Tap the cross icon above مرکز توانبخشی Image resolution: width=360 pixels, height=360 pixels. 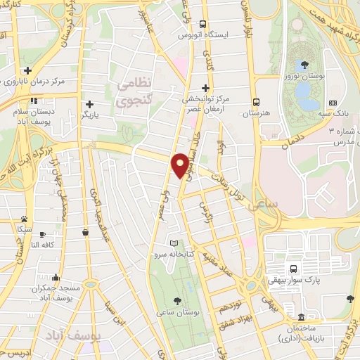coord(205,88)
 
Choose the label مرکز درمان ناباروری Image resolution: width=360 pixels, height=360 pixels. coord(39,81)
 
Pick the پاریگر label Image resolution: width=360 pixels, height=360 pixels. coord(96,114)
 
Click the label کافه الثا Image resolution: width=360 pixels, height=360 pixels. coord(44,245)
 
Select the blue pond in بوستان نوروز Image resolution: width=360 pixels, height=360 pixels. coord(304,91)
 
